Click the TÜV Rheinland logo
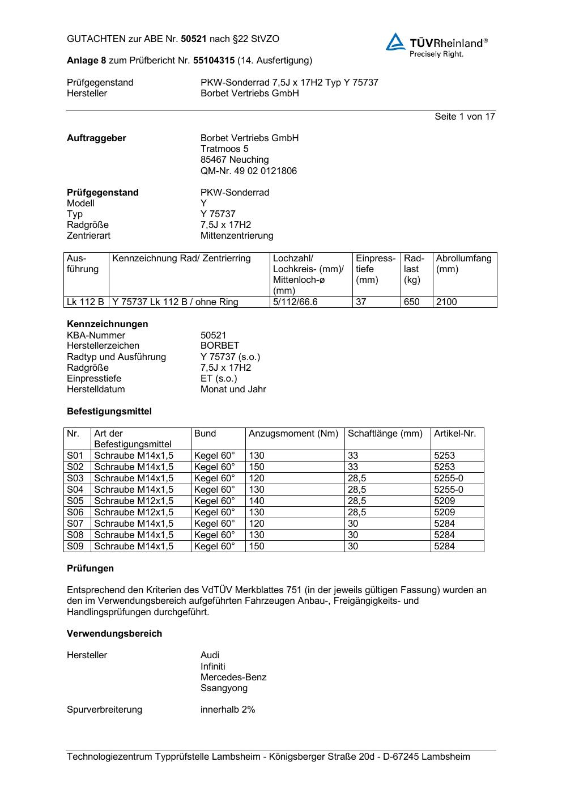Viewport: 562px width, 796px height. click(x=436, y=45)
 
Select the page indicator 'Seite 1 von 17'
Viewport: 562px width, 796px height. click(x=465, y=117)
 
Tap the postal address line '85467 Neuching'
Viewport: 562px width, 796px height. click(x=235, y=160)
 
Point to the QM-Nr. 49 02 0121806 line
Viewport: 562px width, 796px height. click(x=248, y=171)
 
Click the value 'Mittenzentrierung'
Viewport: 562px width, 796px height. click(x=236, y=236)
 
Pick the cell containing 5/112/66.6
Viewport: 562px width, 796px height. click(x=295, y=302)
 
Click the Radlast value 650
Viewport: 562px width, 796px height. click(x=411, y=302)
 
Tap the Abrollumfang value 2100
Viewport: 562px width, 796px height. click(x=446, y=302)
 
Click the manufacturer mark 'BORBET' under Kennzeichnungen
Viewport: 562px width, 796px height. click(x=220, y=346)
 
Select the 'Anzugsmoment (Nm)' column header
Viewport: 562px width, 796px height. click(x=293, y=434)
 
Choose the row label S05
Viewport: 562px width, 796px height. click(x=75, y=501)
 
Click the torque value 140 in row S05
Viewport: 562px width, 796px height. click(x=257, y=501)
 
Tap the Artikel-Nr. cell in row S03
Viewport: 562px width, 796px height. click(x=449, y=479)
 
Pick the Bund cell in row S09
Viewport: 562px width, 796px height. click(x=214, y=547)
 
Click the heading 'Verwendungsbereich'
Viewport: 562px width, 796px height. click(x=114, y=634)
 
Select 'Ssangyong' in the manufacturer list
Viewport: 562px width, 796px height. click(x=224, y=688)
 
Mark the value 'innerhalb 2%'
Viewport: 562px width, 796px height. click(x=228, y=710)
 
